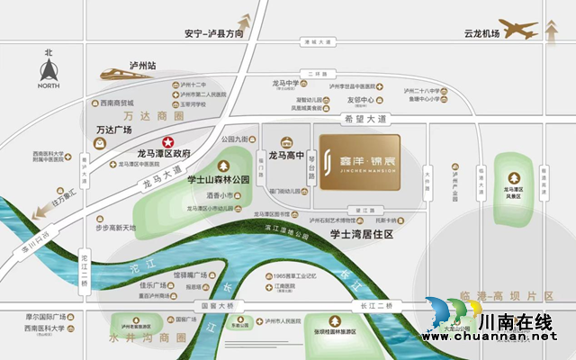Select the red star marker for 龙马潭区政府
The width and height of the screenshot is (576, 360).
tap(167, 142)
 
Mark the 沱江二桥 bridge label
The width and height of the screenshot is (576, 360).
tap(83, 266)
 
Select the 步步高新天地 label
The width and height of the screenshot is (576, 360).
tap(116, 228)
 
